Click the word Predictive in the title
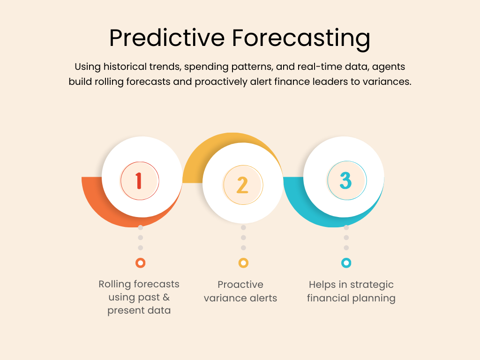coord(167,38)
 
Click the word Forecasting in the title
coord(301,39)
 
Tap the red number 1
coord(139,180)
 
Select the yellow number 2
coord(242,185)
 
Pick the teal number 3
coord(345,180)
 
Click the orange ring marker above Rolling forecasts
coord(141,263)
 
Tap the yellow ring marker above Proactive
coord(243,263)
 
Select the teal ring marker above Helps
coord(346,263)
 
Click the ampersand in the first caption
coord(166,297)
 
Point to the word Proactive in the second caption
coord(240,285)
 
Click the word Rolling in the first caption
coord(113,285)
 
